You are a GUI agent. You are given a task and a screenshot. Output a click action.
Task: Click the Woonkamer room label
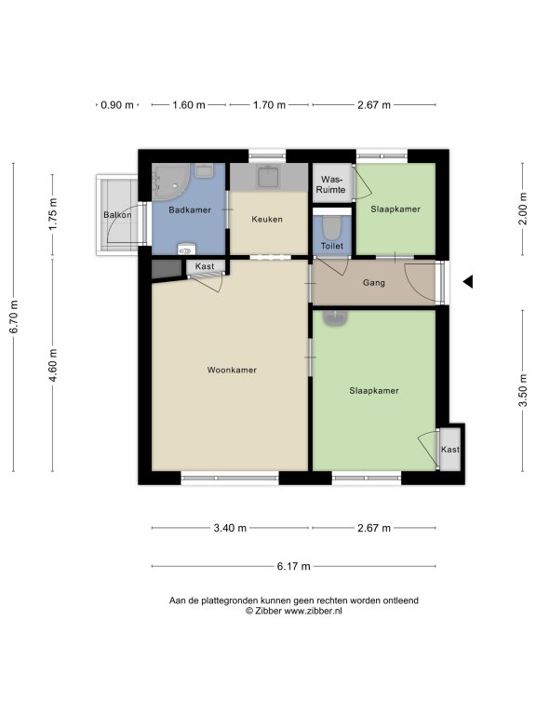pyautogui.click(x=232, y=370)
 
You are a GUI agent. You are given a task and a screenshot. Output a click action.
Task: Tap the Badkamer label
pyautogui.click(x=190, y=210)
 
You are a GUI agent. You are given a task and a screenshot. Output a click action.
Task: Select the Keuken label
pyautogui.click(x=267, y=220)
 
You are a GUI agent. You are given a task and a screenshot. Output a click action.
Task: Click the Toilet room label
pyautogui.click(x=332, y=246)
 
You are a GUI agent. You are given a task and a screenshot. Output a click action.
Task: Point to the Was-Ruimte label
pyautogui.click(x=331, y=184)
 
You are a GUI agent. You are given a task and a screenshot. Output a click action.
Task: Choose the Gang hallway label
pyautogui.click(x=374, y=283)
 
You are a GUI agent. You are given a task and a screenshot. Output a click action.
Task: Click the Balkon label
pyautogui.click(x=117, y=215)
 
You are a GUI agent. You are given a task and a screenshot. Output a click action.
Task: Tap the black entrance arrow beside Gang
pyautogui.click(x=468, y=282)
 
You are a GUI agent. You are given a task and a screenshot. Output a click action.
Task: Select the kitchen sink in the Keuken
pyautogui.click(x=268, y=177)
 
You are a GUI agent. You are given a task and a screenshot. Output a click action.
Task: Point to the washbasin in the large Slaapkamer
pyautogui.click(x=335, y=317)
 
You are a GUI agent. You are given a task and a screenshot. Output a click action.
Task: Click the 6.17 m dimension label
pyautogui.click(x=293, y=566)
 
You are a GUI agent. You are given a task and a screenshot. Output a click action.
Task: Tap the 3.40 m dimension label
pyautogui.click(x=230, y=528)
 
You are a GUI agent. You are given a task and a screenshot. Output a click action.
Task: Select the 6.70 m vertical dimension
pyautogui.click(x=14, y=317)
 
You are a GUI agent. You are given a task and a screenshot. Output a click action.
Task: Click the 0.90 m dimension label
pyautogui.click(x=117, y=105)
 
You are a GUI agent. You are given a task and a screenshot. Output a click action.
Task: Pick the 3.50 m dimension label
pyautogui.click(x=523, y=390)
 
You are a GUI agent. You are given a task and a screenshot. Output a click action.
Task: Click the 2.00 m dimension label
pyautogui.click(x=523, y=209)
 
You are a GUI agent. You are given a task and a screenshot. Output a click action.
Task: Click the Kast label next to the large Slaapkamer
pyautogui.click(x=450, y=450)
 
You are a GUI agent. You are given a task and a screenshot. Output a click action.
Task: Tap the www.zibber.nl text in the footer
pyautogui.click(x=313, y=611)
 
